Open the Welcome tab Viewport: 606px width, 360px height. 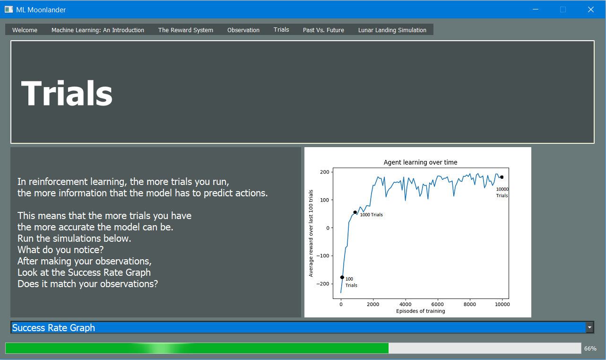coord(25,30)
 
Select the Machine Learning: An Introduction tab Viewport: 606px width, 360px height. coord(98,30)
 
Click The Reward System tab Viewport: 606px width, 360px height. coord(186,30)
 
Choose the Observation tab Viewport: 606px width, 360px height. coord(243,30)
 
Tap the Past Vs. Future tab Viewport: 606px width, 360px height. coord(323,30)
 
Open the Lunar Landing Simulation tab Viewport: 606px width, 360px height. coord(392,30)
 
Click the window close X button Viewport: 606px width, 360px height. coord(591,9)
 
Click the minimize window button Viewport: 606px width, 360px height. coord(536,9)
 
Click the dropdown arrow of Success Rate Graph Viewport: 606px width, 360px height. coord(589,327)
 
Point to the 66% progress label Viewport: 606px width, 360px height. coord(590,348)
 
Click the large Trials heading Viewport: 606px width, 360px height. coord(67,93)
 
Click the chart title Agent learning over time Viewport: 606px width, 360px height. coord(420,162)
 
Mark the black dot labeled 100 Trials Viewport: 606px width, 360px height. coord(342,277)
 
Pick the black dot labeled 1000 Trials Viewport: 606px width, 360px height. coord(355,212)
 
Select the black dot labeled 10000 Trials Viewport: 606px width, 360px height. coord(502,177)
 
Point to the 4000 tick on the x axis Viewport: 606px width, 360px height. coord(405,304)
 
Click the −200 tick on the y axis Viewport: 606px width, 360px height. coord(323,284)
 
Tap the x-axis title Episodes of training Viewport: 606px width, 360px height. coord(420,311)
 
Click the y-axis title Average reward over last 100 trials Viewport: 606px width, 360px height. coord(311,233)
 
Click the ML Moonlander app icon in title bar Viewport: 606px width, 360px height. coord(9,9)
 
